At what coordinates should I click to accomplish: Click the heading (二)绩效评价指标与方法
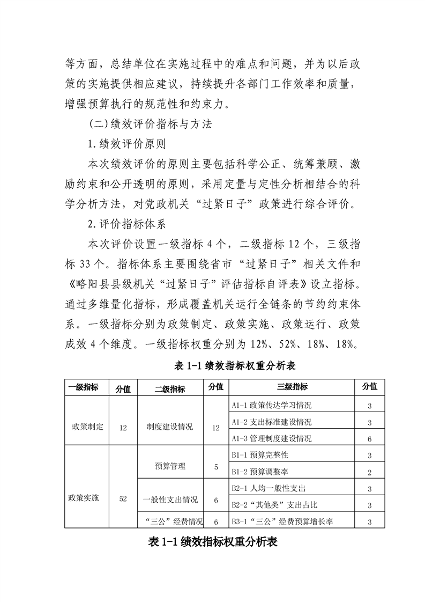(x=150, y=124)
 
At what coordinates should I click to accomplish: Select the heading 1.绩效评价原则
(x=127, y=145)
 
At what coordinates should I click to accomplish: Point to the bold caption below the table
(x=212, y=542)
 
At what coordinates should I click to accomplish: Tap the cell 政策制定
(x=87, y=427)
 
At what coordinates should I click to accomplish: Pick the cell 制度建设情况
(x=170, y=428)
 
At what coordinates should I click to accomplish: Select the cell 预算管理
(x=170, y=466)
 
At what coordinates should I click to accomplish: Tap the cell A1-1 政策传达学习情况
(x=271, y=405)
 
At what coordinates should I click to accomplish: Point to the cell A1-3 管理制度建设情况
(x=271, y=438)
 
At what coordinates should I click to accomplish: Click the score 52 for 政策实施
(x=123, y=498)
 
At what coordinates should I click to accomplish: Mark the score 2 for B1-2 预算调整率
(x=370, y=472)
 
